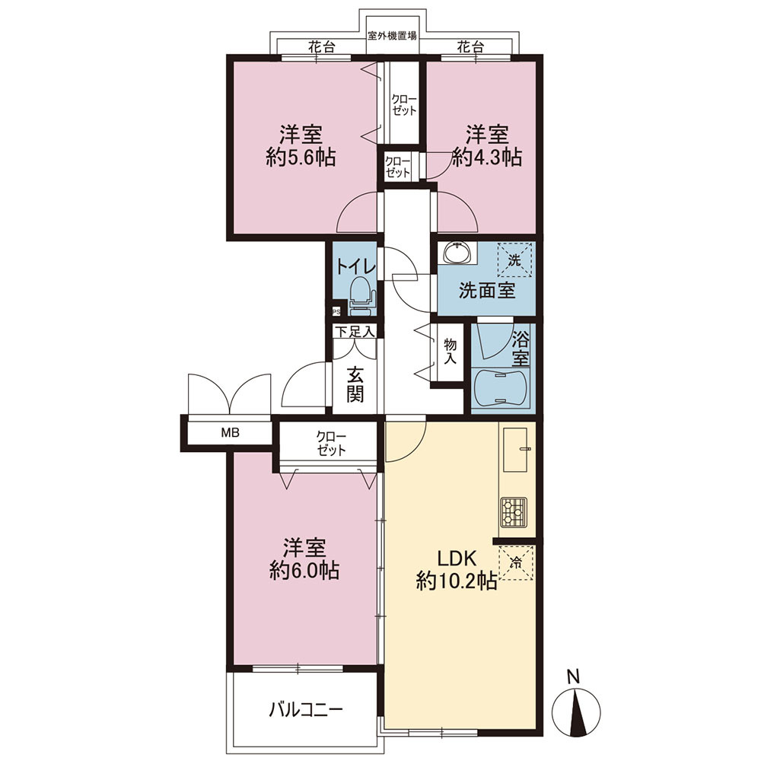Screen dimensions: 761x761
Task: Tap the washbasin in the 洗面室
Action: click(x=457, y=253)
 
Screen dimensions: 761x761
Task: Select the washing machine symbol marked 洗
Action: click(x=514, y=260)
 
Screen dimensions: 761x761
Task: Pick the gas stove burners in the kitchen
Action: click(x=513, y=511)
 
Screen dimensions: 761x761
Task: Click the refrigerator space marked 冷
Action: click(x=516, y=563)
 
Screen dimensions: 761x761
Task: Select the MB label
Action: click(x=231, y=432)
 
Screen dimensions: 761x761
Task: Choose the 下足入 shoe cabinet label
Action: click(x=355, y=332)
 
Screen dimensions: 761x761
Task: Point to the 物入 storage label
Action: click(x=451, y=352)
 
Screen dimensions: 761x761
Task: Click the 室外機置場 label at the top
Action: click(x=392, y=36)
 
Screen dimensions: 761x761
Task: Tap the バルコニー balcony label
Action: click(x=306, y=710)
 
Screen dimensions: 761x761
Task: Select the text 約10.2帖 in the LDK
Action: click(x=456, y=581)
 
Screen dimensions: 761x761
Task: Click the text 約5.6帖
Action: click(x=301, y=158)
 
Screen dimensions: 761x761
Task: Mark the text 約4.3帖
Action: click(x=487, y=158)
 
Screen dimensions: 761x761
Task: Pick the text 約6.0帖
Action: click(x=304, y=571)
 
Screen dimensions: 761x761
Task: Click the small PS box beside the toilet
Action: click(x=336, y=312)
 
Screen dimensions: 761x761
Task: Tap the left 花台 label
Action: click(x=322, y=47)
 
